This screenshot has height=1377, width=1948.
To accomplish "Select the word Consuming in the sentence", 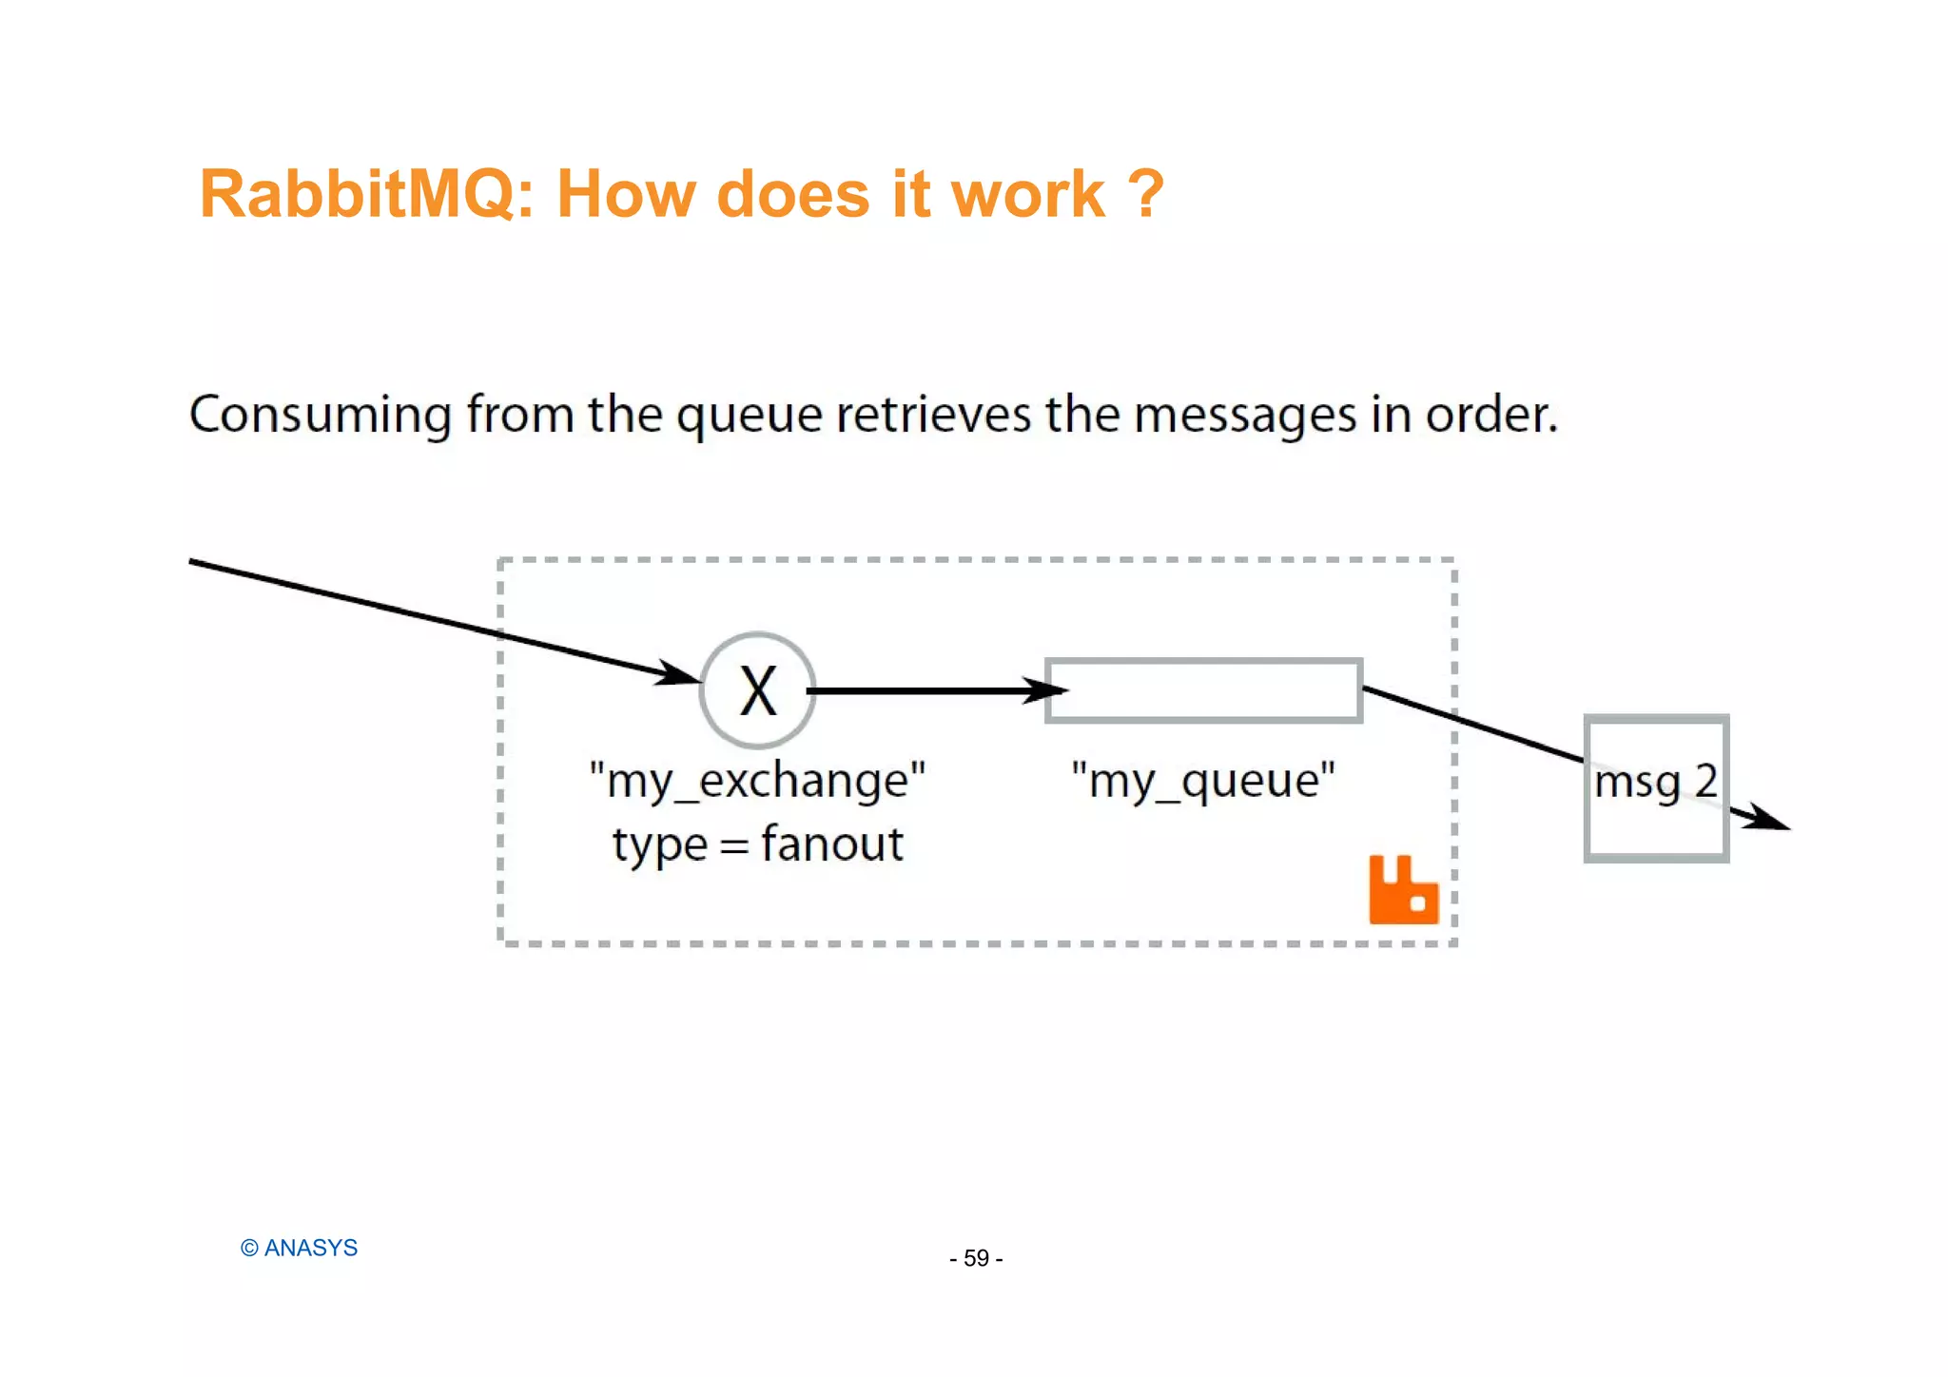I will [x=321, y=416].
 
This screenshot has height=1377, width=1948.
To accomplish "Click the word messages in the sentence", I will [x=1245, y=416].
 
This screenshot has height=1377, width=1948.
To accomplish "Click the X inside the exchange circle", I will [x=758, y=691].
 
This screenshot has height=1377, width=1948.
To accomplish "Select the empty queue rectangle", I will [x=1204, y=690].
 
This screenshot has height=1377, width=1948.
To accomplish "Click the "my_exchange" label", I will [x=757, y=782].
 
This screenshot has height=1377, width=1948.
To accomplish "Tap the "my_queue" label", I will [x=1203, y=782].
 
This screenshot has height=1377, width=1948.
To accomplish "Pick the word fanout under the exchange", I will [x=831, y=844].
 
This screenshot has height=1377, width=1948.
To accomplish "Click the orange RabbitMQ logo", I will [x=1403, y=890].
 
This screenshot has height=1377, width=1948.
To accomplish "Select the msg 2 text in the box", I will [x=1656, y=783].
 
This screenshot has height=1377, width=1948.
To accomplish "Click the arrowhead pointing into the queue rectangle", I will [x=1046, y=691].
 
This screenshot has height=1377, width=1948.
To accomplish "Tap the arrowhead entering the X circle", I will [x=681, y=675].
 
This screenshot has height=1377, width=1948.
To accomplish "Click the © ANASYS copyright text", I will [x=299, y=1248].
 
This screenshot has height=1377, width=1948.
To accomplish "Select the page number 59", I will [x=976, y=1258].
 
